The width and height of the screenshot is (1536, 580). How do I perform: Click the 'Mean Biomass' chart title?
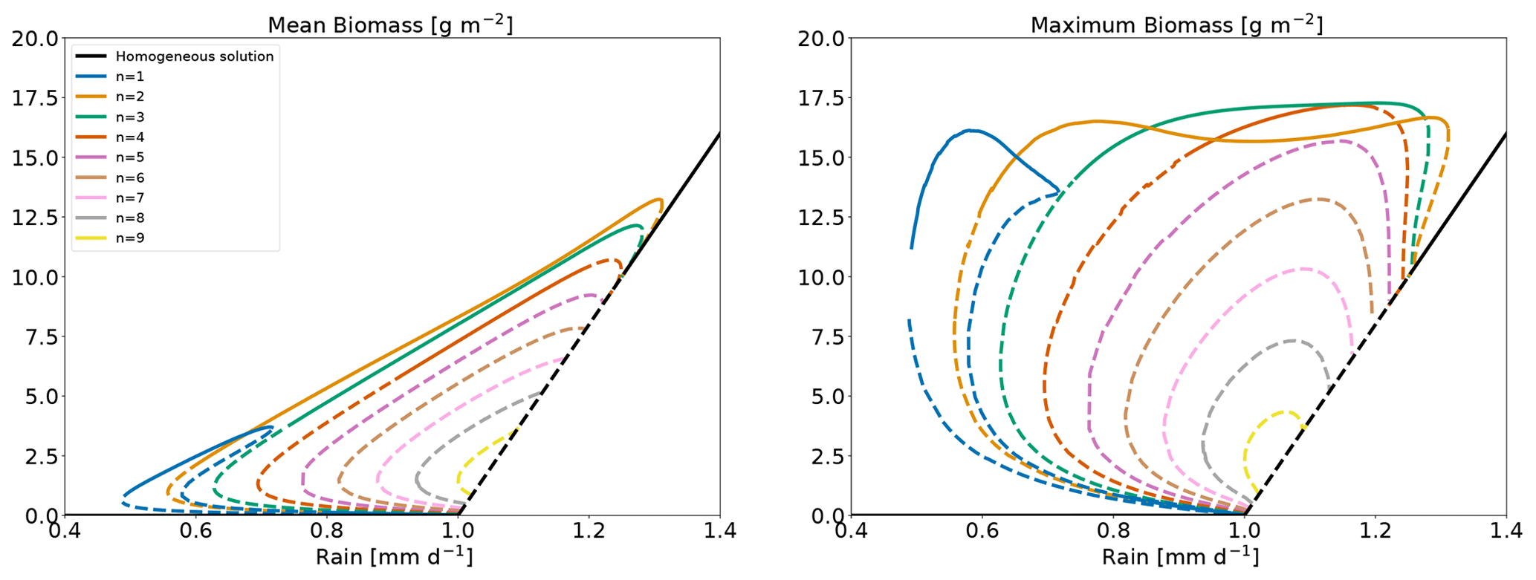tap(390, 25)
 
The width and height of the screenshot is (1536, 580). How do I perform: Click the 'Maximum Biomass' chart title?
tap(1176, 25)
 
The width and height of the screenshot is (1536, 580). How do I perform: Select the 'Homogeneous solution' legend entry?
tap(195, 56)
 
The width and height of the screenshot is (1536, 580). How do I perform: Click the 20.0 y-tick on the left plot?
tap(35, 39)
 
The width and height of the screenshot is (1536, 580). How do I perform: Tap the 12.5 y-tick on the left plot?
tap(35, 218)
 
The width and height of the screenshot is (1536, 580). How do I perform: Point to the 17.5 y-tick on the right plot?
tap(821, 98)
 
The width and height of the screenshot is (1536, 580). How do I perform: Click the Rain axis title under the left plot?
tap(393, 558)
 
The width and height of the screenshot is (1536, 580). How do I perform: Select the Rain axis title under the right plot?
tap(1179, 558)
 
